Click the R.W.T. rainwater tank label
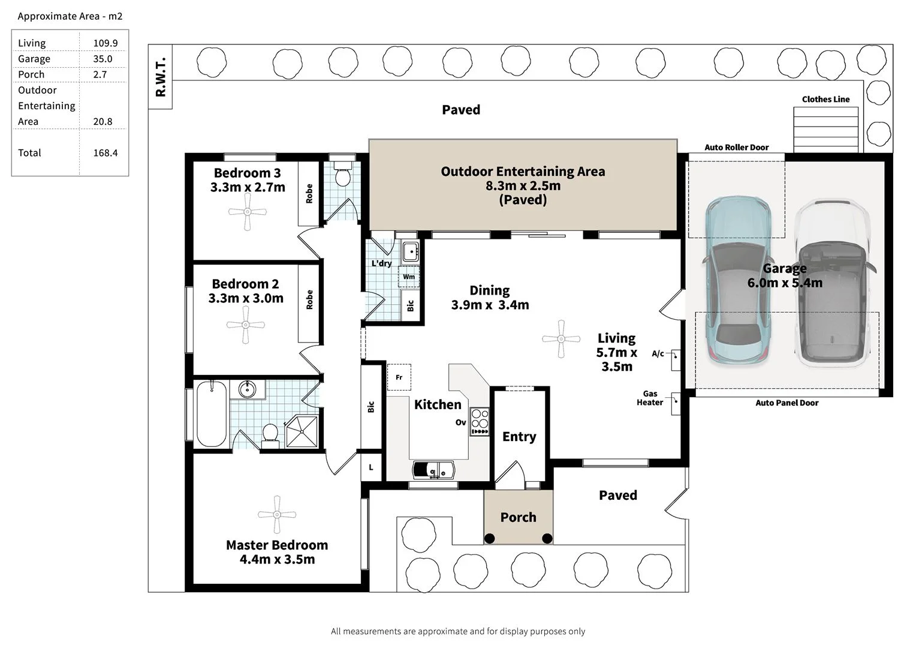coord(161,77)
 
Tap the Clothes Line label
coord(825,100)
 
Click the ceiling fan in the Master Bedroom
coord(276,515)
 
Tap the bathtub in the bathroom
coord(212,414)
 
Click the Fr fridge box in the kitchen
coord(399,377)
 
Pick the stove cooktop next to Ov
coord(480,421)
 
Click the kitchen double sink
coord(433,469)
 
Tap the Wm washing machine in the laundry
coord(409,277)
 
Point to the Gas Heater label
coord(650,398)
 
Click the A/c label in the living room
coord(658,354)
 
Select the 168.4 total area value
coord(106,153)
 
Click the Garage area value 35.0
coord(103,59)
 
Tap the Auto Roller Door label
coord(736,147)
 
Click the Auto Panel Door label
coord(787,403)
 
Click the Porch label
coord(518,517)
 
